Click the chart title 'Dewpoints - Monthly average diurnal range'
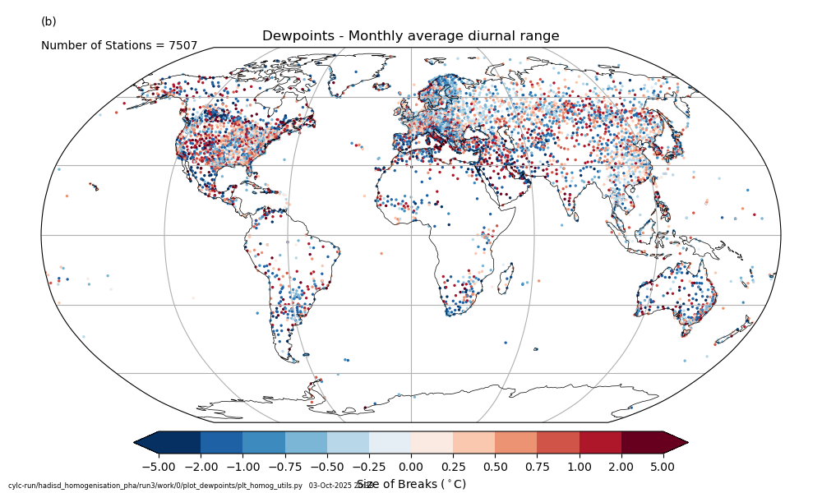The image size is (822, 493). tap(410, 36)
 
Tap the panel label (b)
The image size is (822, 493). tap(48, 21)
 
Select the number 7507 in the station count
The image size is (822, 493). tap(182, 46)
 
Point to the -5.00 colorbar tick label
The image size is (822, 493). tap(159, 467)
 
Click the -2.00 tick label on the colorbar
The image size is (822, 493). tap(201, 467)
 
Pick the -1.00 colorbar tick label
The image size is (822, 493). tap(242, 467)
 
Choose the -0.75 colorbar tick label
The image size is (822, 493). tap(284, 467)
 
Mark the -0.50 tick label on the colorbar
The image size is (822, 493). tap(327, 467)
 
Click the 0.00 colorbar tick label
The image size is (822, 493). tap(411, 467)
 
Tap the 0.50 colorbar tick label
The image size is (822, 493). tap(495, 467)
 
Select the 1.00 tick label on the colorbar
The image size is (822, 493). tap(580, 467)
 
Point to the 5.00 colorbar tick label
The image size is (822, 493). tap(663, 467)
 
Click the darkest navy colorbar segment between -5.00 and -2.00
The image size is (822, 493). tap(179, 442)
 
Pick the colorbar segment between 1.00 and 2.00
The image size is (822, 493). tap(600, 442)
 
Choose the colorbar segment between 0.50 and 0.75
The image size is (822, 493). tap(515, 442)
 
